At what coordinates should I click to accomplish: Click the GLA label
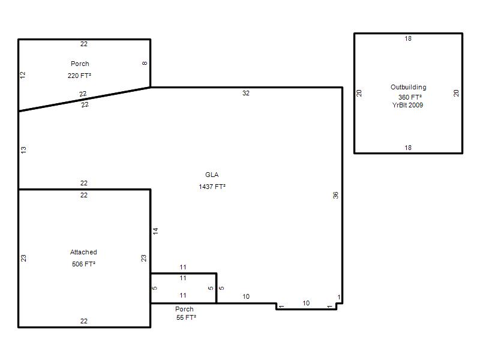pyautogui.click(x=212, y=175)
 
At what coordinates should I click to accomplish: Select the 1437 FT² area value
pyautogui.click(x=212, y=187)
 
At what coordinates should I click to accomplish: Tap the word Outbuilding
pyautogui.click(x=409, y=87)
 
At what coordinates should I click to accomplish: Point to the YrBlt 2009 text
pyautogui.click(x=407, y=105)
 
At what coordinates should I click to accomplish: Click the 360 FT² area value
pyautogui.click(x=410, y=97)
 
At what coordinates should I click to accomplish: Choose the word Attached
pyautogui.click(x=83, y=252)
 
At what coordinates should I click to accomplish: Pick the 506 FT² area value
pyautogui.click(x=83, y=264)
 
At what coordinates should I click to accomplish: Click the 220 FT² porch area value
pyautogui.click(x=79, y=76)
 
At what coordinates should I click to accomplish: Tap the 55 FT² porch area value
pyautogui.click(x=186, y=317)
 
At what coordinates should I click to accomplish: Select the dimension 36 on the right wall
pyautogui.click(x=335, y=195)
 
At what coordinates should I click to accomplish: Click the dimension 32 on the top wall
pyautogui.click(x=246, y=93)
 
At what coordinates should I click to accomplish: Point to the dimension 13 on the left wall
pyautogui.click(x=23, y=150)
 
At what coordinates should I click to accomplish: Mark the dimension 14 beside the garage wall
pyautogui.click(x=155, y=231)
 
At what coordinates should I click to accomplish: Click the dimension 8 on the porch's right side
pyautogui.click(x=145, y=64)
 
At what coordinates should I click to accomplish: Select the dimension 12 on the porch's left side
pyautogui.click(x=23, y=75)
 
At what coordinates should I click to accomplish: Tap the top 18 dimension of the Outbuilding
pyautogui.click(x=408, y=38)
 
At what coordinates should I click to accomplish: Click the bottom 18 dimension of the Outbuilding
pyautogui.click(x=408, y=148)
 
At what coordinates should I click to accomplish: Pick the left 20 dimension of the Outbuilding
pyautogui.click(x=359, y=93)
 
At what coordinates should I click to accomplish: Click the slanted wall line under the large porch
pyautogui.click(x=85, y=99)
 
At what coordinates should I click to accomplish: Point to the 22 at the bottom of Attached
pyautogui.click(x=84, y=321)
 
